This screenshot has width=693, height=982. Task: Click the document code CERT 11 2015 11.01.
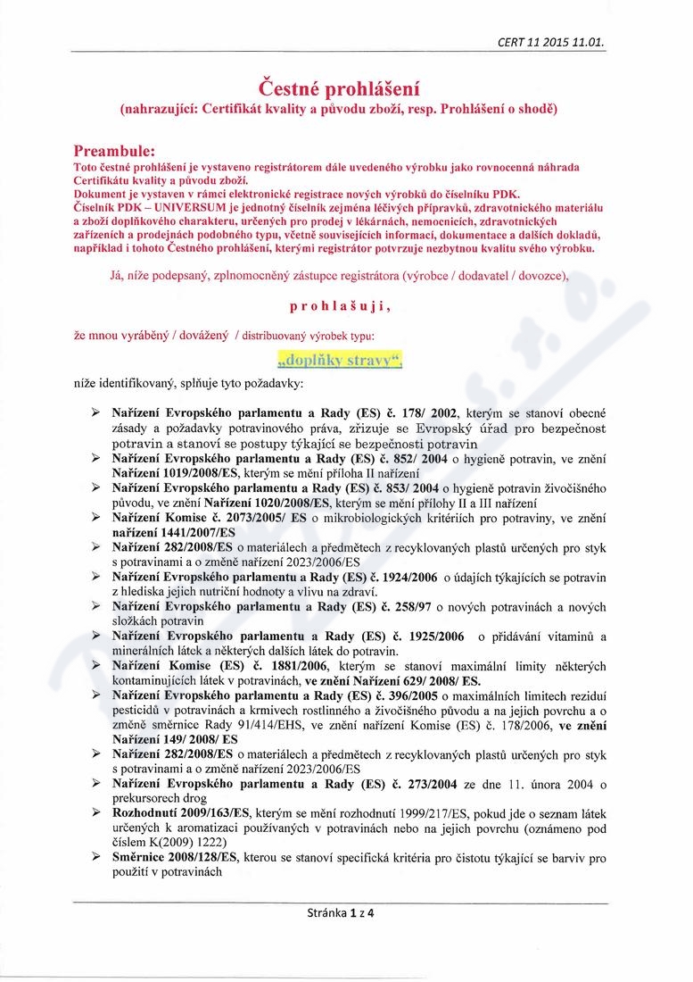[x=557, y=41]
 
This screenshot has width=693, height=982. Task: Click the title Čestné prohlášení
[x=339, y=89]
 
